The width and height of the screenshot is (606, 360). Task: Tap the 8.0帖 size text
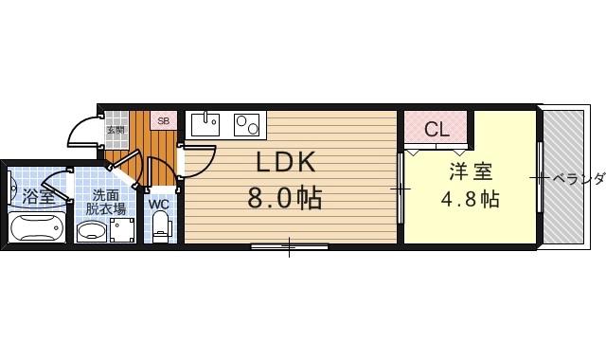pyautogui.click(x=284, y=199)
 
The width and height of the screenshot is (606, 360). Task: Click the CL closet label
pyautogui.click(x=437, y=130)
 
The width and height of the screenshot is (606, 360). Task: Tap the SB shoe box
pyautogui.click(x=163, y=121)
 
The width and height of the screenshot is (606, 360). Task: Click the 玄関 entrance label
pyautogui.click(x=116, y=130)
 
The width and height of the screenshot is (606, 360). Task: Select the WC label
pyautogui.click(x=159, y=203)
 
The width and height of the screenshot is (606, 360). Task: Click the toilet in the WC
pyautogui.click(x=160, y=225)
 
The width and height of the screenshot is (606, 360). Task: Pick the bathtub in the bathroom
pyautogui.click(x=35, y=228)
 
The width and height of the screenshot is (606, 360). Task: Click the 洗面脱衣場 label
pyautogui.click(x=105, y=203)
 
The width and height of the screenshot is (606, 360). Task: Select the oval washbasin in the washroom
pyautogui.click(x=91, y=231)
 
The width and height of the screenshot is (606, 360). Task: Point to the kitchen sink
pyautogui.click(x=205, y=125)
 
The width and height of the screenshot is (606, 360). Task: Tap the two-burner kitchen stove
pyautogui.click(x=248, y=124)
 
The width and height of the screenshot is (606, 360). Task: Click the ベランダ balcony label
pyautogui.click(x=578, y=178)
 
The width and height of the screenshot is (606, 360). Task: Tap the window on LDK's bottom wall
pyautogui.click(x=290, y=247)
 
